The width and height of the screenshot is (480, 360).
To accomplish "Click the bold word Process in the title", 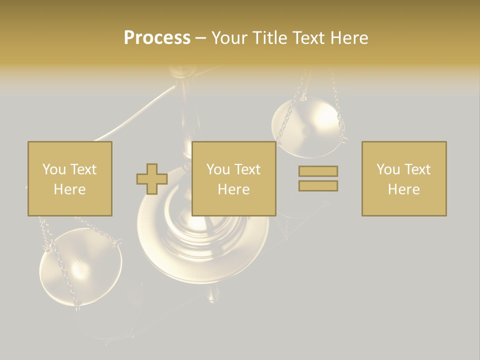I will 157,38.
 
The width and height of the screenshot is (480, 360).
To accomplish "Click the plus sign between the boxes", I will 152,179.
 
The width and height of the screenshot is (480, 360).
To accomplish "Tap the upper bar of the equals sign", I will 318,171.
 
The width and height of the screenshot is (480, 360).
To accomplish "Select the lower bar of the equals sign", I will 318,186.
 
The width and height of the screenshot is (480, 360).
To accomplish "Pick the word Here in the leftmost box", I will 69,189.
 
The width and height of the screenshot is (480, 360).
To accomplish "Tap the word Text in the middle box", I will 247,169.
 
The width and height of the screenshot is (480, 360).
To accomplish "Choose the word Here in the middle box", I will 233,189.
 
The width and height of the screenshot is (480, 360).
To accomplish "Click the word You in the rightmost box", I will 388,169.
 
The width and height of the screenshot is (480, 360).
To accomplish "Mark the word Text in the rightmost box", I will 417,169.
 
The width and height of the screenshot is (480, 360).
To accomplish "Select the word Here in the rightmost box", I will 403,189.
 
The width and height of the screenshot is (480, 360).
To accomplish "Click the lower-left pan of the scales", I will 80,267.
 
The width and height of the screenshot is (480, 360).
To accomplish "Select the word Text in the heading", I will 308,38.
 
